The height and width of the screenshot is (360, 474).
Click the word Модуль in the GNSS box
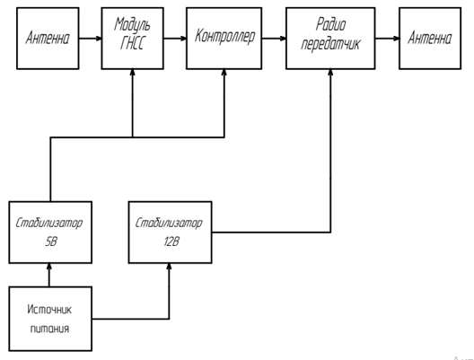[x=132, y=24]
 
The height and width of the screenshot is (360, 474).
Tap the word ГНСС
[x=132, y=43]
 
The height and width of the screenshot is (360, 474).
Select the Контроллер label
[x=224, y=36]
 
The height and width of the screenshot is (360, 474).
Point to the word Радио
[x=330, y=24]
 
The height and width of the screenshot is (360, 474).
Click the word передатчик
[x=330, y=43]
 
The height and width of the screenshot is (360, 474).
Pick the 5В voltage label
[x=51, y=241]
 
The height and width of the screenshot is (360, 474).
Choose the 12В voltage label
[x=171, y=241]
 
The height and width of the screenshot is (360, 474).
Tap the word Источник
[x=49, y=310]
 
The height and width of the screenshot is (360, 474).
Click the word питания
[x=49, y=329]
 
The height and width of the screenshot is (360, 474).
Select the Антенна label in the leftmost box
[x=48, y=38]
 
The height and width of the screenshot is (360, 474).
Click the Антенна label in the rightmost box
[x=429, y=38]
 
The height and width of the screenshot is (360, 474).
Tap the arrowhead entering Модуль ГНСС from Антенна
[x=98, y=39]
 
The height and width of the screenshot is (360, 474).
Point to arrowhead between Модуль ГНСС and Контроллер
[x=183, y=39]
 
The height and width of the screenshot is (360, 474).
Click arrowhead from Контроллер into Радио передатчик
[x=283, y=39]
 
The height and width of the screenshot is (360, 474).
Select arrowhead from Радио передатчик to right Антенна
[x=396, y=39]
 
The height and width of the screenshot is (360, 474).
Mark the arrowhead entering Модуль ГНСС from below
[x=132, y=73]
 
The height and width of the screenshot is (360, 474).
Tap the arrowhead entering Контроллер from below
[x=224, y=73]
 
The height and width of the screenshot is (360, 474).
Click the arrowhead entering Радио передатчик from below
[x=330, y=73]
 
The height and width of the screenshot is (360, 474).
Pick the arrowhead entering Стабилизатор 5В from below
[x=49, y=267]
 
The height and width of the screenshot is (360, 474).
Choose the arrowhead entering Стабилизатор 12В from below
[x=169, y=267]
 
